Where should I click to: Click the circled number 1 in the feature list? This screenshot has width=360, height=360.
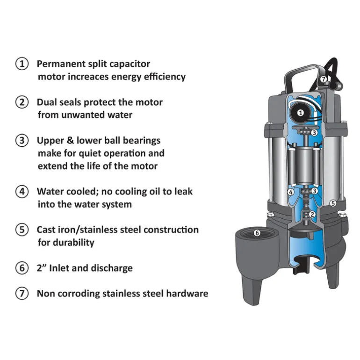pyautogui.click(x=22, y=64)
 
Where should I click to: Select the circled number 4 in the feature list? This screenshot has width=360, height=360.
pyautogui.click(x=22, y=192)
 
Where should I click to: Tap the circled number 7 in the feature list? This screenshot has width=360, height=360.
pyautogui.click(x=22, y=294)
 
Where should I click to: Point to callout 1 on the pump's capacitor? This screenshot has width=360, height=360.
pyautogui.click(x=300, y=113)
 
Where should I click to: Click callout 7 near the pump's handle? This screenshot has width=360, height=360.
pyautogui.click(x=323, y=79)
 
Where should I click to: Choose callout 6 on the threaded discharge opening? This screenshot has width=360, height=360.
pyautogui.click(x=257, y=233)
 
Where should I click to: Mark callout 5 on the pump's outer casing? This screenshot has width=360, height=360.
pyautogui.click(x=333, y=203)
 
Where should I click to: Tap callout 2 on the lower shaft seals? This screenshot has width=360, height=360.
pyautogui.click(x=312, y=215)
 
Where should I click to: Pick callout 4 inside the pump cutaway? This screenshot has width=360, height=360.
pyautogui.click(x=291, y=192)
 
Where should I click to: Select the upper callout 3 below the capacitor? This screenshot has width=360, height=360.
pyautogui.click(x=314, y=132)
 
